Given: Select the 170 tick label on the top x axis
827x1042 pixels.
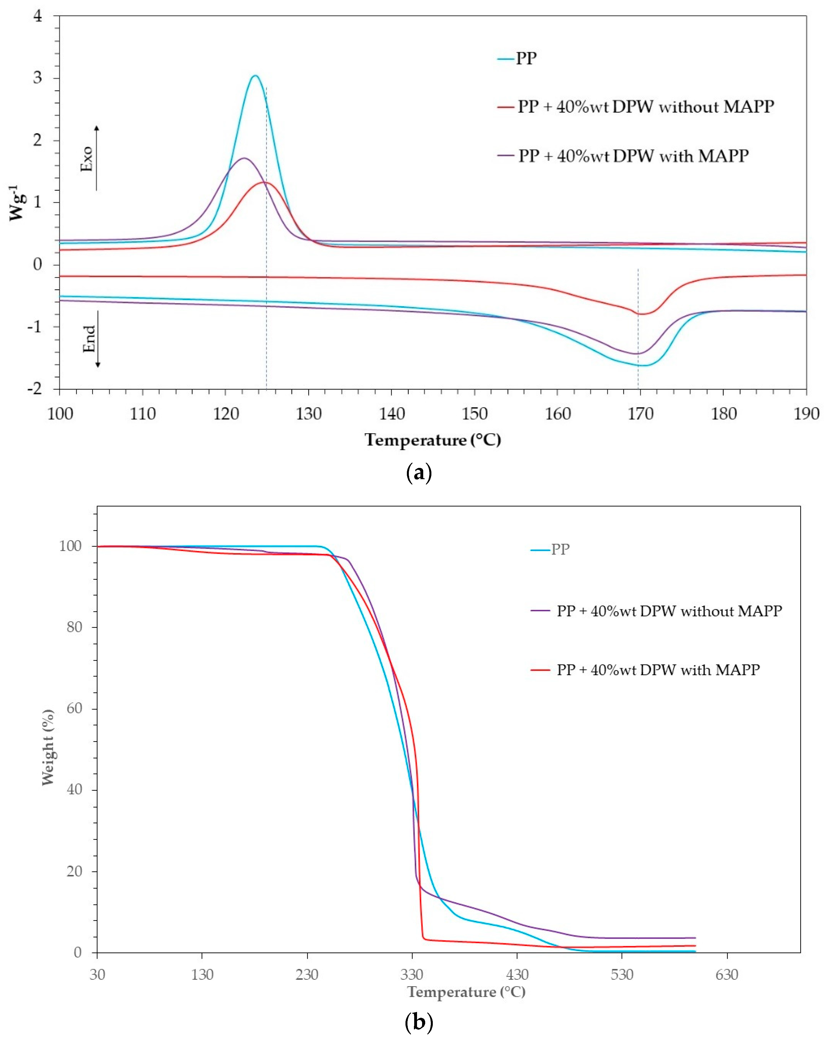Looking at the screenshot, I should click(640, 414).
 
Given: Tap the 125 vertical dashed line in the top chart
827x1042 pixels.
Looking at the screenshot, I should click(266, 242).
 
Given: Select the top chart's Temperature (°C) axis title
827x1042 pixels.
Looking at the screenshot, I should click(433, 440).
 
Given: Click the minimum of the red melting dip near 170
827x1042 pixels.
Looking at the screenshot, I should click(642, 314).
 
